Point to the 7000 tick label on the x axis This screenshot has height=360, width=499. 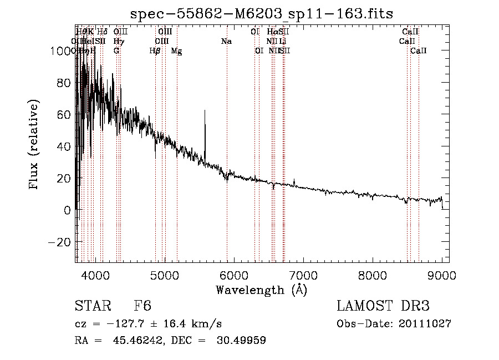[x=303, y=275]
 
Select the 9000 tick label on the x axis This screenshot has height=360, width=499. [x=442, y=275]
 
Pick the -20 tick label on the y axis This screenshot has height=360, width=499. [x=60, y=242]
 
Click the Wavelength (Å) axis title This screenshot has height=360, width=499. [x=262, y=290]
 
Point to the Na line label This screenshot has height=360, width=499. [x=226, y=41]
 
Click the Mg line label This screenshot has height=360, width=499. [x=176, y=51]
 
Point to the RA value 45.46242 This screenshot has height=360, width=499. [x=134, y=341]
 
